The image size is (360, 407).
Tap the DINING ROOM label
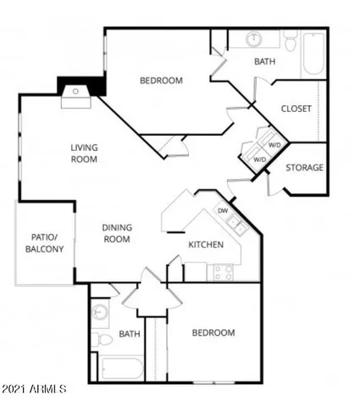tap(116, 233)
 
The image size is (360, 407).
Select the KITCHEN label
tap(206, 245)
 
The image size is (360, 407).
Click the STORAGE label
tap(304, 167)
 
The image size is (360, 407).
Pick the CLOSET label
tap(296, 109)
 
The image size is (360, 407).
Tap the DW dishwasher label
tap(223, 210)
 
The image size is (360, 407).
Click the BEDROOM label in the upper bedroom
tap(161, 81)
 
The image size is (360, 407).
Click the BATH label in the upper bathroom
tap(265, 62)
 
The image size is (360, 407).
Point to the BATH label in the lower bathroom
tap(130, 334)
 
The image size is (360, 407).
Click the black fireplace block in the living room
tap(80, 86)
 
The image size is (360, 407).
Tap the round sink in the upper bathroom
tap(254, 39)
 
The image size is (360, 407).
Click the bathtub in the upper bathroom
tap(313, 55)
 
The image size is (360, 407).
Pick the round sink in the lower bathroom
tap(102, 311)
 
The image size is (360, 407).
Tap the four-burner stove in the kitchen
tap(223, 272)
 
